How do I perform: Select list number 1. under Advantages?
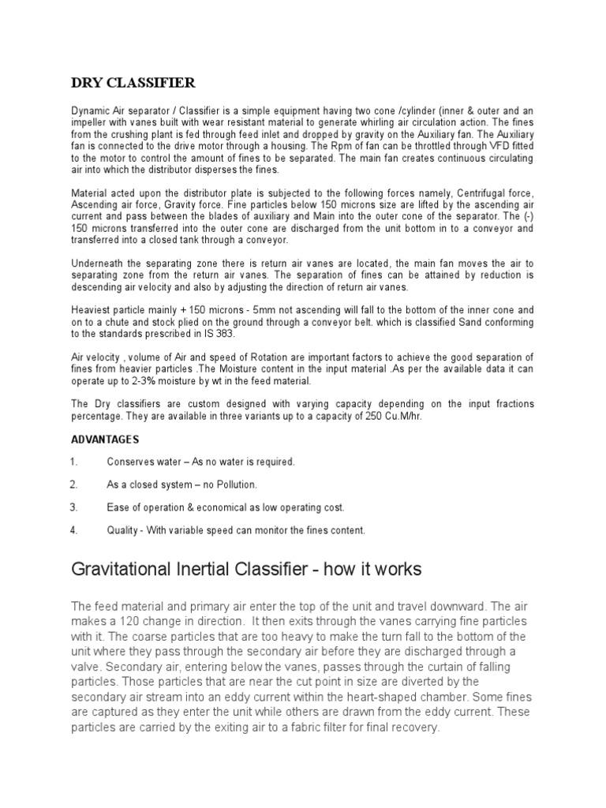(x=73, y=462)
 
